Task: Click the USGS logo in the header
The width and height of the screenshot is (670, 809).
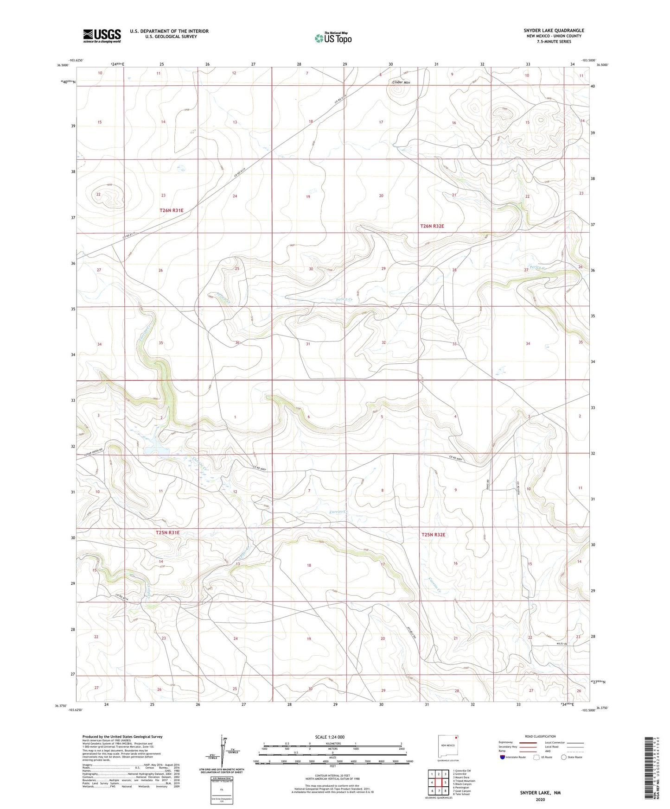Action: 102,36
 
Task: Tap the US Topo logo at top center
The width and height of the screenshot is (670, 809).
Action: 333,38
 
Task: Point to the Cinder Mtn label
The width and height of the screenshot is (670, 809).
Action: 401,82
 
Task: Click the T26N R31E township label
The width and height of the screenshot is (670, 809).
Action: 172,210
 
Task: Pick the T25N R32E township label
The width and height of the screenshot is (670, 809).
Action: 433,535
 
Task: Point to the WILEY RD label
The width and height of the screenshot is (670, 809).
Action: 562,644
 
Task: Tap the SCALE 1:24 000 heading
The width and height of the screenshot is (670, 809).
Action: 330,737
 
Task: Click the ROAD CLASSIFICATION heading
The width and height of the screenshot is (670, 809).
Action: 540,736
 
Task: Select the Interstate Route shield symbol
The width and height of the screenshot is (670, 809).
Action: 503,757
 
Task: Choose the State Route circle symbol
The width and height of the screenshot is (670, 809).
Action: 564,757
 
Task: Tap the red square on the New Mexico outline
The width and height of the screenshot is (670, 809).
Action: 457,737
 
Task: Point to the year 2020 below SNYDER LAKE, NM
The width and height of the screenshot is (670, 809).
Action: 540,799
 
